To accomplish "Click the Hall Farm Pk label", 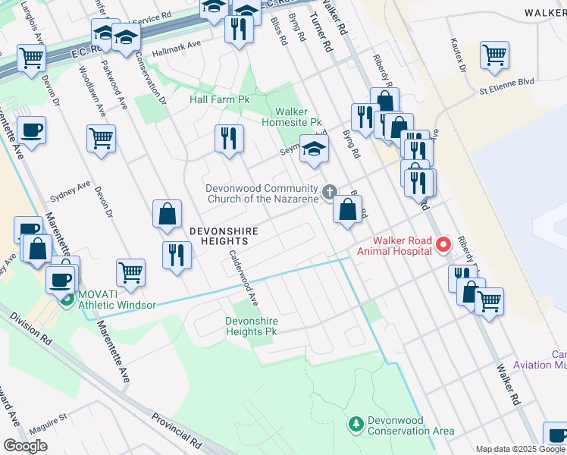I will (220, 99).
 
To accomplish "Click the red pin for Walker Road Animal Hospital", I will (443, 245).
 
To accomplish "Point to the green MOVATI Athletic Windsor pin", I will (67, 299).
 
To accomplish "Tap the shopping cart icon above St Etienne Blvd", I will (494, 54).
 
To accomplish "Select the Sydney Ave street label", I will (70, 191).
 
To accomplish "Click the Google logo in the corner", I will (25, 445).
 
